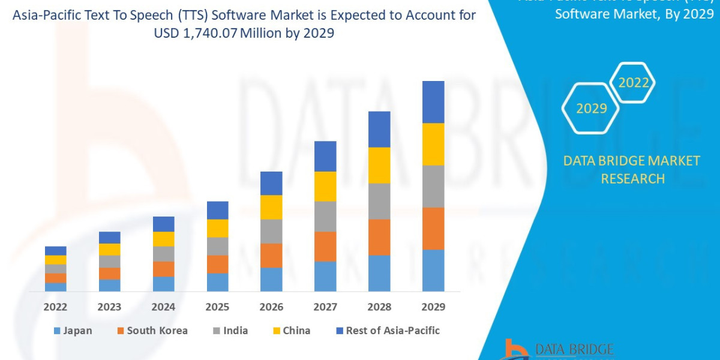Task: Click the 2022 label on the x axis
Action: pyautogui.click(x=55, y=307)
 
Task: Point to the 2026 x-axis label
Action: pyautogui.click(x=271, y=307)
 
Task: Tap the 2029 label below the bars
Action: pyautogui.click(x=433, y=307)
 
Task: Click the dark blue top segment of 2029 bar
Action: pyautogui.click(x=433, y=102)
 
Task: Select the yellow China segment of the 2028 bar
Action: pyautogui.click(x=379, y=165)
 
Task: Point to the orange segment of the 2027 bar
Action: pyautogui.click(x=325, y=246)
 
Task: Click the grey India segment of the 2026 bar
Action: pyautogui.click(x=271, y=231)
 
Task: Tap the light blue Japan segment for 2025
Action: pyautogui.click(x=217, y=282)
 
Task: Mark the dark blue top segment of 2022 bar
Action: pyautogui.click(x=55, y=251)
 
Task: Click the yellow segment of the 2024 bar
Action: pyautogui.click(x=163, y=239)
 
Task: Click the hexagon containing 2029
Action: pyautogui.click(x=591, y=109)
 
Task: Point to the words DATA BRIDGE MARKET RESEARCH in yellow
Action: pyautogui.click(x=632, y=170)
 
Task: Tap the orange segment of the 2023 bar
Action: pyautogui.click(x=109, y=274)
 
